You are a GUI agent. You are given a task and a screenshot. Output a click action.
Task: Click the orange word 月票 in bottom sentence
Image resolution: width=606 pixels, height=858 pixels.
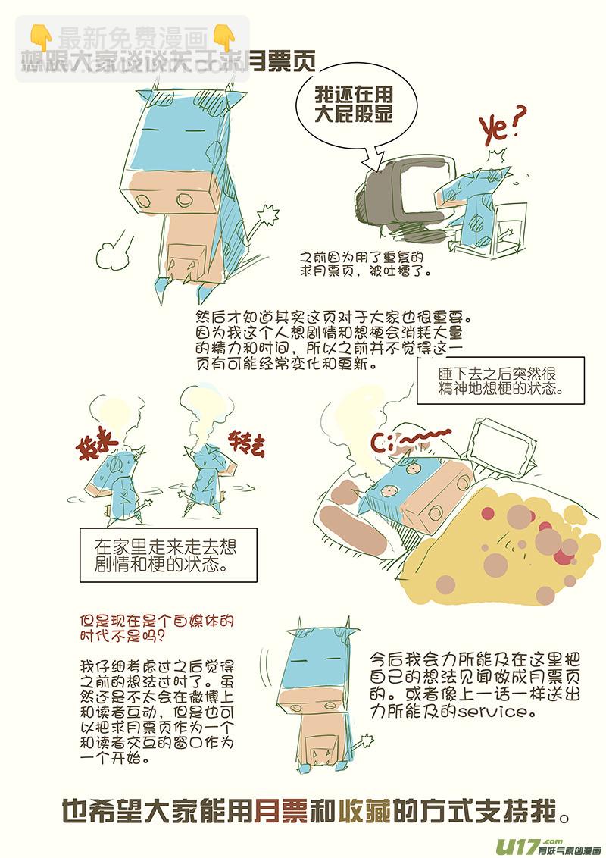pos(280,811)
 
